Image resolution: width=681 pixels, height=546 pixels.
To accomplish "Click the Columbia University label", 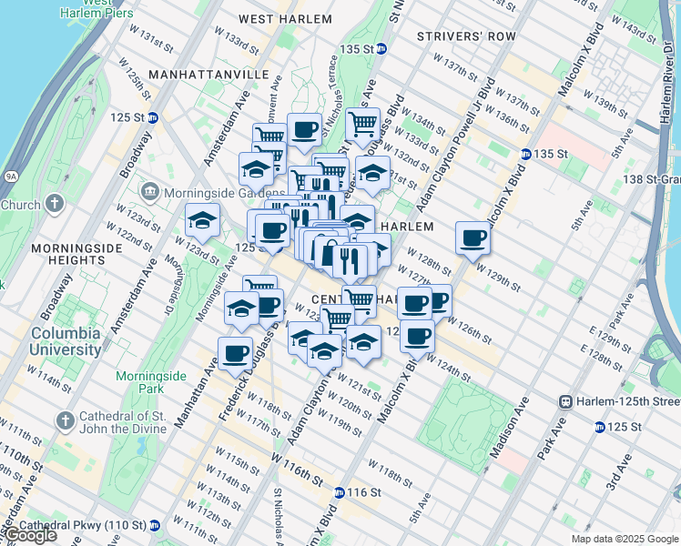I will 65,340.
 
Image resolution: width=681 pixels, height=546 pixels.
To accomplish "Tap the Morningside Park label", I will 151,383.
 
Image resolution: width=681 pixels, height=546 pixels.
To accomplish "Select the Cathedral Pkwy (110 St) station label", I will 83,525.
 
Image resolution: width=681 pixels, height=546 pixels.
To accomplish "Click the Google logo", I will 29,534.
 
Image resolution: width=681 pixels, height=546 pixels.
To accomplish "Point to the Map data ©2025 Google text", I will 625,539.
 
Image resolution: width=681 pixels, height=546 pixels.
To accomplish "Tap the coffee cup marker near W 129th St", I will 473,238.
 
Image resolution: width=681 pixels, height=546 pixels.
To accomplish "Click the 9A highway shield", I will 11,177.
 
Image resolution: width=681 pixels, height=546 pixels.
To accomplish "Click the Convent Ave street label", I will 270,113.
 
